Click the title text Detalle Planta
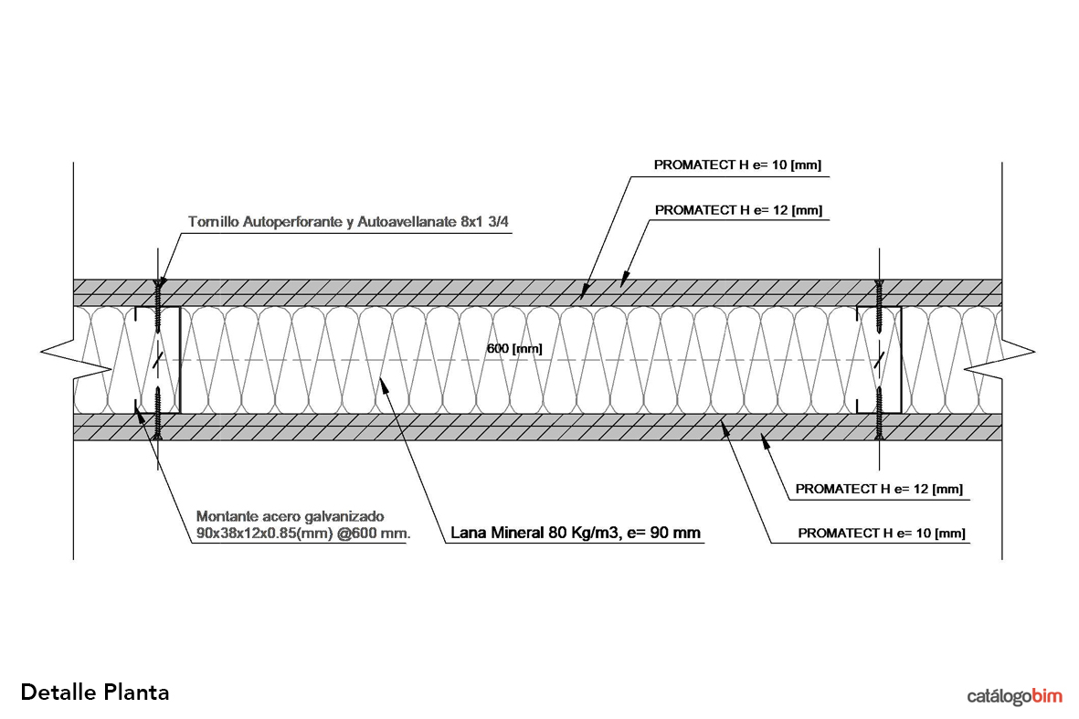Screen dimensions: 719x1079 94,692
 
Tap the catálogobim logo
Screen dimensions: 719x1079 1014,696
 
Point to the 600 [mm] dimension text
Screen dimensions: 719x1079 513,349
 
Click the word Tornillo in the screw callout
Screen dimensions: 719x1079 214,222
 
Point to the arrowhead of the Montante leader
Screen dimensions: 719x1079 139,411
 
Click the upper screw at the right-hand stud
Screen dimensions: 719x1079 880,306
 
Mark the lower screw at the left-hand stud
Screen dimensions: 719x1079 158,416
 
